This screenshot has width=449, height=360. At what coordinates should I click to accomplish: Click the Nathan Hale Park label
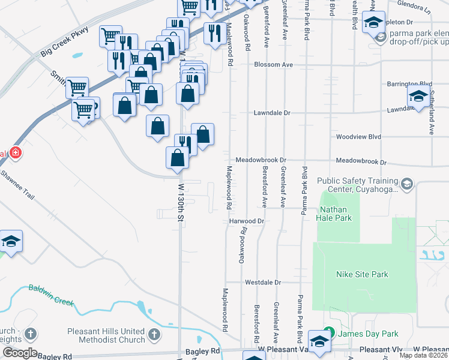pos(335,214)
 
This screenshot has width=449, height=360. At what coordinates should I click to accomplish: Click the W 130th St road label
pos(179,203)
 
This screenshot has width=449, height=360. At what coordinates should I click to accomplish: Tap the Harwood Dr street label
pos(247,221)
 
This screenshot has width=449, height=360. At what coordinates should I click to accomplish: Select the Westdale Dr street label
pos(262,282)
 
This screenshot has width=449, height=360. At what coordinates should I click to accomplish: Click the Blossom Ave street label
pos(273,64)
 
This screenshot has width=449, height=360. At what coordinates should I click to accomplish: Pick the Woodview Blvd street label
pos(358,137)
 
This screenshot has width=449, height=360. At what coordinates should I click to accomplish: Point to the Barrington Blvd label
pos(409,84)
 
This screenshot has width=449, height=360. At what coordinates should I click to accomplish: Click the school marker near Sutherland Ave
pos(418,96)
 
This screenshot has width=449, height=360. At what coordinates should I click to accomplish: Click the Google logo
pos(20,353)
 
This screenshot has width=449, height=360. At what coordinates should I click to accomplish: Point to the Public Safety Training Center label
pos(358,185)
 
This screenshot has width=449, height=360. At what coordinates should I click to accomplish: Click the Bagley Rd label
pos(206,350)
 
